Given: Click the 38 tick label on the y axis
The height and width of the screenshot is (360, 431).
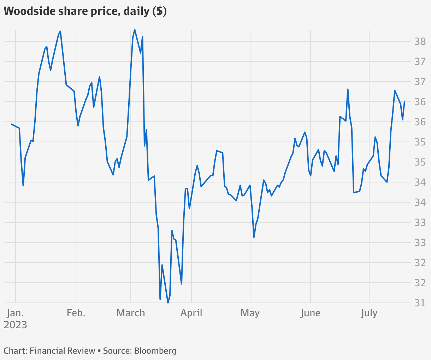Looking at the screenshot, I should tap(420, 42).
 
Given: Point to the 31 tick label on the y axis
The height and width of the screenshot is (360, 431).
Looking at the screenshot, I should tap(420, 303).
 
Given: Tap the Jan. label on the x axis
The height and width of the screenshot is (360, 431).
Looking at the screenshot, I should tap(16, 313).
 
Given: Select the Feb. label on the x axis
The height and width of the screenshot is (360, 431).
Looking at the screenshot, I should tap(76, 313).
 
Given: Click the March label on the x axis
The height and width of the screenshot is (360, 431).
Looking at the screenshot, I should tap(131, 313).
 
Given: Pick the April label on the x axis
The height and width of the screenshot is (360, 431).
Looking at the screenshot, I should tap(191, 313).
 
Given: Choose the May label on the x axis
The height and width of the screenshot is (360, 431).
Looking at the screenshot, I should tap(250, 313).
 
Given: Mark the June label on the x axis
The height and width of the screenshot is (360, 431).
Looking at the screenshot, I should tap(310, 313).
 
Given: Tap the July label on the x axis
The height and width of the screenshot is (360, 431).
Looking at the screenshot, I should tap(369, 313).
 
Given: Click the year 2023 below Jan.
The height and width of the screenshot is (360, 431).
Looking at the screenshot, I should tap(16, 325).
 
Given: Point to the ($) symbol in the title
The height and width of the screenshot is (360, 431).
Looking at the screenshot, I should tap(160, 11).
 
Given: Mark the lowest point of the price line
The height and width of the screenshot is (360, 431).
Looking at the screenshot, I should tap(168, 303).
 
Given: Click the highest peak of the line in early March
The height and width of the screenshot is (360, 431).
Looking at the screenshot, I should tap(135, 30).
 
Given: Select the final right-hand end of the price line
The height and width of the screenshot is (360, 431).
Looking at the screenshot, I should tap(405, 101).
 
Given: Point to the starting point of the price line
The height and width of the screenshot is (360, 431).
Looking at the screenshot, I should tap(11, 124).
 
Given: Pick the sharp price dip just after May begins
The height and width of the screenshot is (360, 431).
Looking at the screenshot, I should tap(254, 237).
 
